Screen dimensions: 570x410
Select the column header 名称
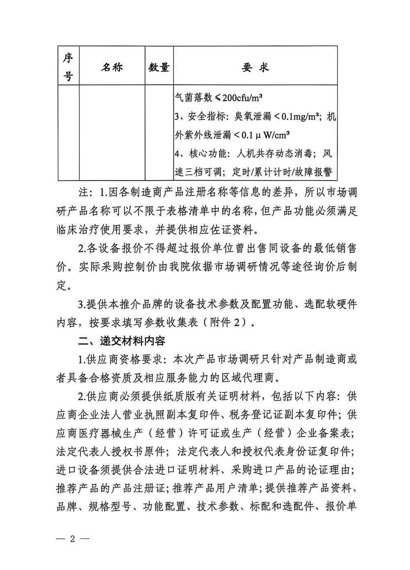(112, 67)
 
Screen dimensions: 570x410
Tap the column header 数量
(159, 67)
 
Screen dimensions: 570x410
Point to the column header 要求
(255, 67)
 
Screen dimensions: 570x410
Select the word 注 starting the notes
(83, 192)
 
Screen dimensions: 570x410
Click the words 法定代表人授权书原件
(111, 452)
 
